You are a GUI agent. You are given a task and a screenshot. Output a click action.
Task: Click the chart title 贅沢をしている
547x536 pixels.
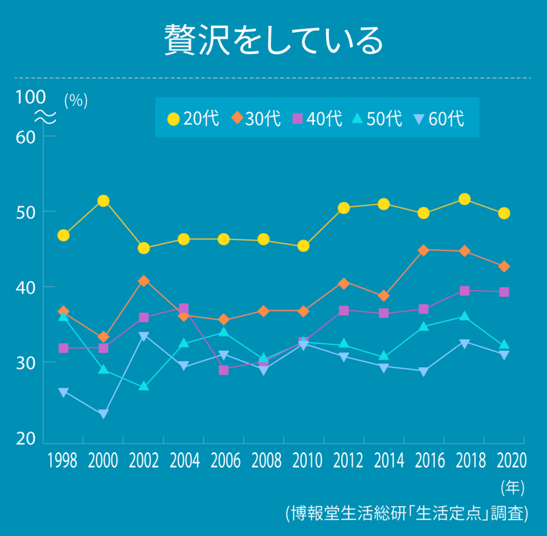tap(273, 41)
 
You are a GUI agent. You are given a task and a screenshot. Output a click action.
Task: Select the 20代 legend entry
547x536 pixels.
tap(193, 118)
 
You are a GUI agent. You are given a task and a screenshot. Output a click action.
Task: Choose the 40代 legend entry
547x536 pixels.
tap(317, 118)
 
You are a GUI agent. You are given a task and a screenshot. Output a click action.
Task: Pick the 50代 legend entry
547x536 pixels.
tap(377, 118)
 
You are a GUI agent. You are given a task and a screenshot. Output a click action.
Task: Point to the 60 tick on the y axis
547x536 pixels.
tap(25, 136)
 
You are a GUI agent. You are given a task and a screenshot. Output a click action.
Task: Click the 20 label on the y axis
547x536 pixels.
tap(25, 438)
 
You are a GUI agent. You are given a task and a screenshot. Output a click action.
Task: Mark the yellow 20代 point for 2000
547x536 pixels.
tap(103, 201)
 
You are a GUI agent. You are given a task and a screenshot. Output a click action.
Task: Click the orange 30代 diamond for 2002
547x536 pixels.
tap(144, 281)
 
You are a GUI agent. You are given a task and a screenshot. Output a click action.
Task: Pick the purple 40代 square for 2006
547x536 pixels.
tap(224, 370)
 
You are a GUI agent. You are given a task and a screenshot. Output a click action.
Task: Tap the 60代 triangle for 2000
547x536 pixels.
tap(103, 414)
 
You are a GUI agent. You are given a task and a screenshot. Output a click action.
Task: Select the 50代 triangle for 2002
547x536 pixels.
tap(144, 386)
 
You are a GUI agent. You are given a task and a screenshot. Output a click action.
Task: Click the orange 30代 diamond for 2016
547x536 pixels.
tap(424, 250)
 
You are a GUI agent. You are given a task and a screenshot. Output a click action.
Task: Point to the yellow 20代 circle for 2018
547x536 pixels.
tap(464, 199)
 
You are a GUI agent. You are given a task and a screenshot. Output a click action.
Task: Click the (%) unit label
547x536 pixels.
tap(76, 100)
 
